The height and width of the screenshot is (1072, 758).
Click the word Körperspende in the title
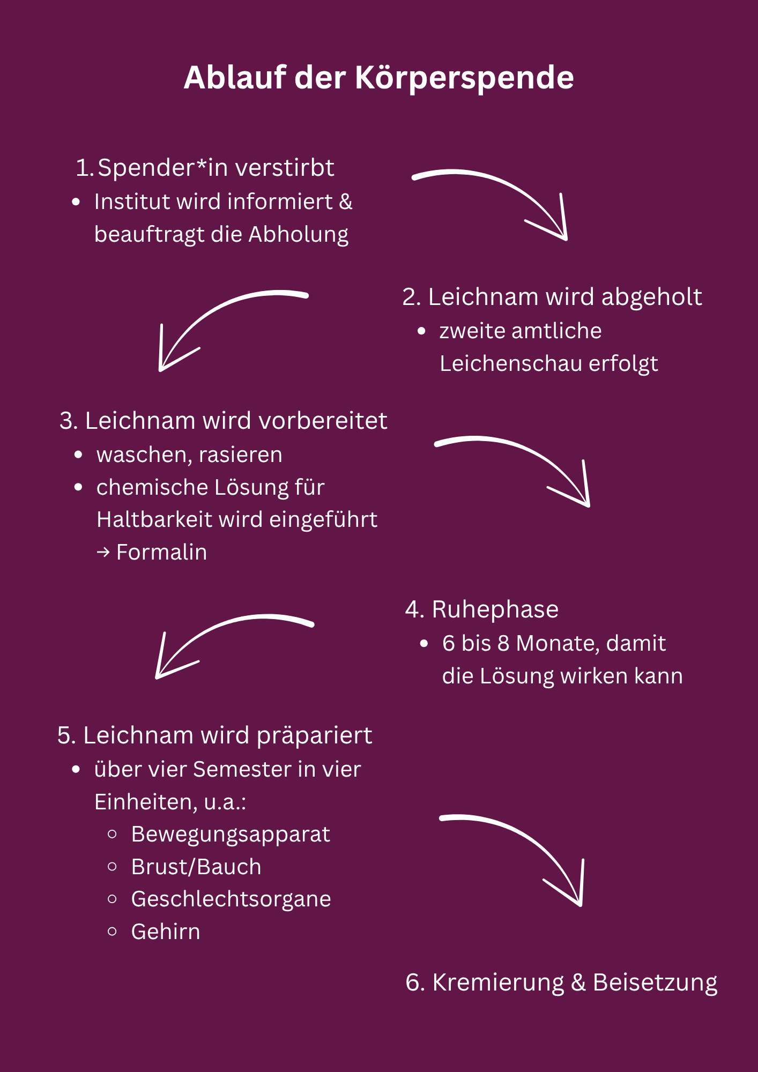[464, 78]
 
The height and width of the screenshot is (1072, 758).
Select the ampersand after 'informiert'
[346, 202]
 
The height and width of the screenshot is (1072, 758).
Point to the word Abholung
[298, 235]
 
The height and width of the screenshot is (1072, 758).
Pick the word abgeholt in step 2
[651, 297]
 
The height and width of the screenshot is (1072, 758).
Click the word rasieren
[240, 455]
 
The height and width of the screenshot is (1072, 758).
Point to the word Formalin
[161, 553]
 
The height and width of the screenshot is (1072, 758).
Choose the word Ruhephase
[495, 610]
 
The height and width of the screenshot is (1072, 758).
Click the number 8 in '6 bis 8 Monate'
[503, 644]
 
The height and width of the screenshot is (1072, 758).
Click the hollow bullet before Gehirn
[112, 932]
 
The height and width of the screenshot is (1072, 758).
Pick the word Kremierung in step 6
[498, 983]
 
